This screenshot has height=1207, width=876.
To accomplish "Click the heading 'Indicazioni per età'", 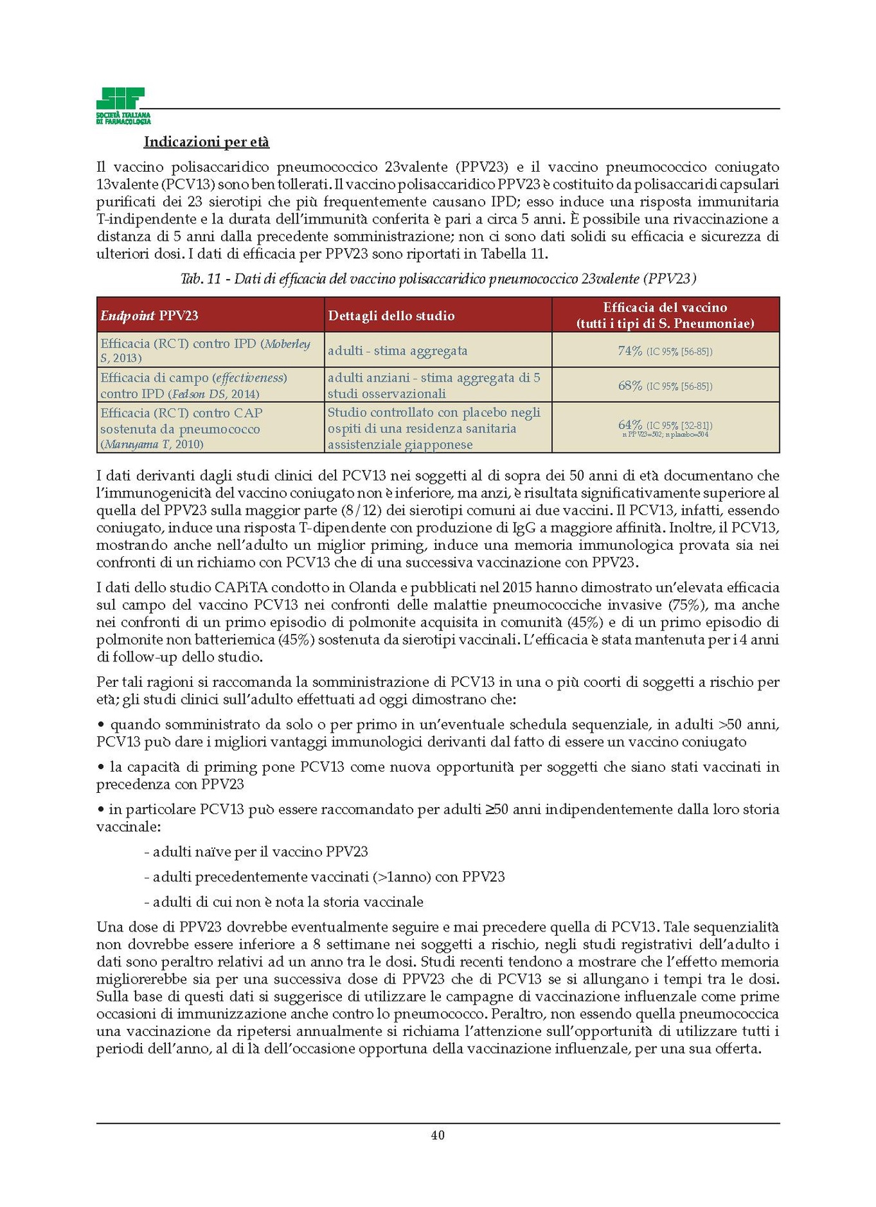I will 206,142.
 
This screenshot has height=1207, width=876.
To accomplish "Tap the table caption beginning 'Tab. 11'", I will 438,279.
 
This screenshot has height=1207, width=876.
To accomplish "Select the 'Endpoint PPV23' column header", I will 149,316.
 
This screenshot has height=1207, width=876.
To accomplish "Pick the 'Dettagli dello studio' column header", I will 391,316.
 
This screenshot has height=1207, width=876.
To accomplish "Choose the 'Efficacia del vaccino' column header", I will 665,315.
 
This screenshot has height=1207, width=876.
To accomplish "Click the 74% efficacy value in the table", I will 630,351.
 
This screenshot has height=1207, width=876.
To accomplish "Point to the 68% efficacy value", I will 630,386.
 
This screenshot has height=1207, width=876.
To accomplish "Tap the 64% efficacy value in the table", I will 630,425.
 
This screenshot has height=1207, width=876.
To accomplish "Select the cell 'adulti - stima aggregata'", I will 397,351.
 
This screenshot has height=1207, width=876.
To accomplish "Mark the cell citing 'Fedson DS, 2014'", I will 211,386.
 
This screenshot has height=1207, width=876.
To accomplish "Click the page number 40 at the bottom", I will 438,1135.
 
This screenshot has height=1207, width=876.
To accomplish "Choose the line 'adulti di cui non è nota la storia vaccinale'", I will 283,902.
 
